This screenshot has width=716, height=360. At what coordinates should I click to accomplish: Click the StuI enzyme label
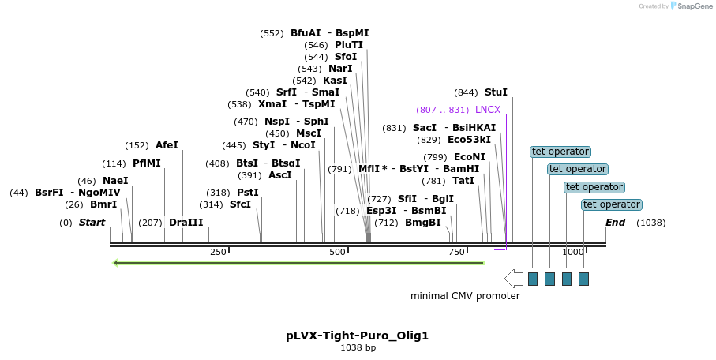pos(496,92)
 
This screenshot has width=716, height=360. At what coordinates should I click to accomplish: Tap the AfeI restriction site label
pos(167,145)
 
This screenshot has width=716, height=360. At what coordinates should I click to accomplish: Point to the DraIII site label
pos(186,223)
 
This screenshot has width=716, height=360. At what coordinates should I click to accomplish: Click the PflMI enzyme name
pos(146,163)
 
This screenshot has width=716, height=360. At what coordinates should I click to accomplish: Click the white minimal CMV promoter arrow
pos(513,278)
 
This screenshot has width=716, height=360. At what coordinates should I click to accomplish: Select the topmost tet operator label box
pos(560,152)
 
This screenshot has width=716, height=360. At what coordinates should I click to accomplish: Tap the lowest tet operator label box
pos(611,204)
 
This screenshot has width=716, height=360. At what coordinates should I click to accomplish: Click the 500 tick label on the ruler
pos(337,252)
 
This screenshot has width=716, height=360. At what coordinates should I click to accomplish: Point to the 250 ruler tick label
pos(218,252)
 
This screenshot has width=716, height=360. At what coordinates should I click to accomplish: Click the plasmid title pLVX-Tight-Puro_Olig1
pos(357,336)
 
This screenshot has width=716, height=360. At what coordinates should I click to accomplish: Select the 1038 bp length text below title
pos(358,347)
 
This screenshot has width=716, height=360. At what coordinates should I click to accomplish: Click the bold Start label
pos(92,223)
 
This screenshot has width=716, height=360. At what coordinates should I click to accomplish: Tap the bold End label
pos(615,223)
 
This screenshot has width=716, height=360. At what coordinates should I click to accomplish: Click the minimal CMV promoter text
pos(465,296)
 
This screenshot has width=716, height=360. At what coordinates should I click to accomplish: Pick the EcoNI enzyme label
pos(470,157)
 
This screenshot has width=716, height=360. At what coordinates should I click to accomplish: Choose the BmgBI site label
pos(422,223)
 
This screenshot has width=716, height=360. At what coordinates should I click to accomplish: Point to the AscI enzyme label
pos(280,175)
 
